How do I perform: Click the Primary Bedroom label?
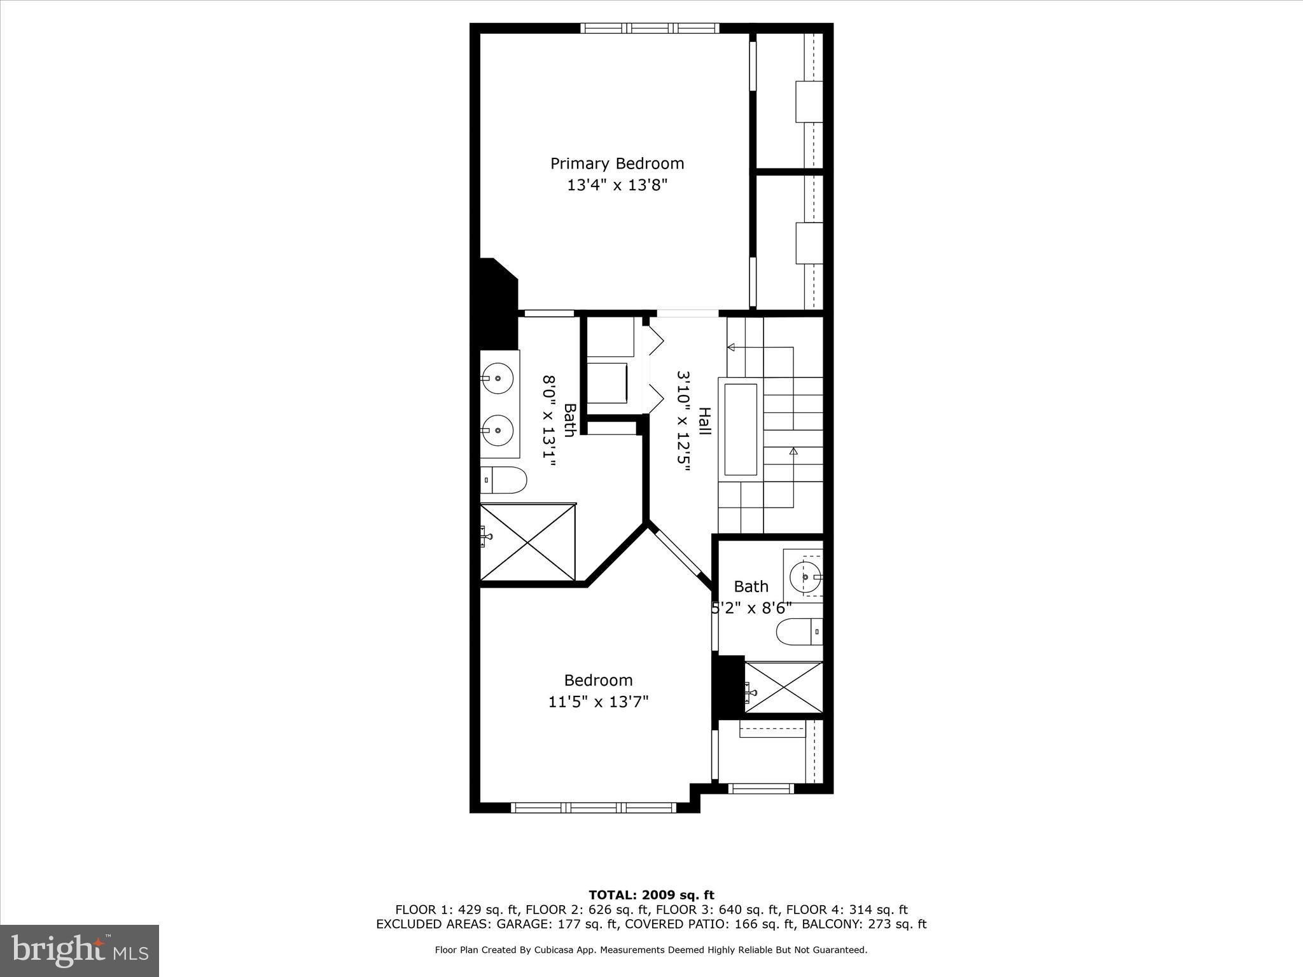(617, 163)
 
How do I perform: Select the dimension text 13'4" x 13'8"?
(617, 186)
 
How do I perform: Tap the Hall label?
(704, 421)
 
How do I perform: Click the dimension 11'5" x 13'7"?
(598, 702)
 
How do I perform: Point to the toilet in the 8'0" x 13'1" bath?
(504, 480)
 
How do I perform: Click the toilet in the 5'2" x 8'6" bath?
(799, 632)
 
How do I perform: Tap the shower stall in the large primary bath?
(527, 541)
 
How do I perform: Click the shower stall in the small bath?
(784, 688)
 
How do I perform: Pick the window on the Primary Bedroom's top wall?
(650, 28)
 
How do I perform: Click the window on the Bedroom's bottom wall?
(593, 808)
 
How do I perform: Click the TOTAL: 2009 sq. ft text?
(651, 896)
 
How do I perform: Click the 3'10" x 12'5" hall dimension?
(683, 421)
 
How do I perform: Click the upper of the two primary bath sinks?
(497, 377)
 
